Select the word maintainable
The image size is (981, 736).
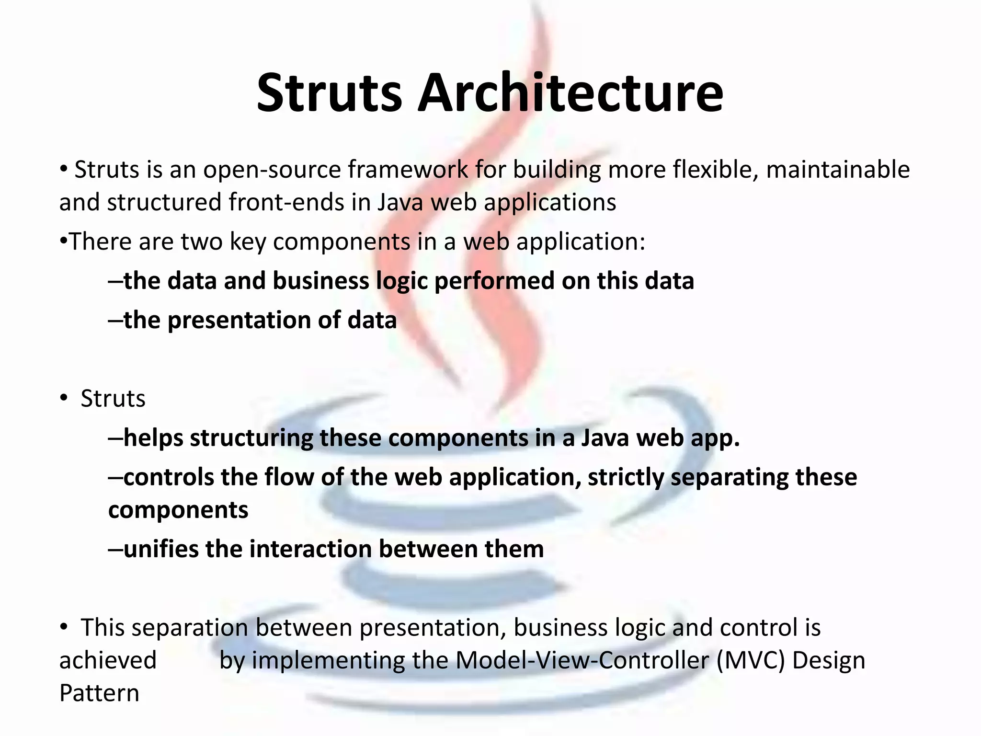coord(837,170)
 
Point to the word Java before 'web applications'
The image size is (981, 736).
coord(400,202)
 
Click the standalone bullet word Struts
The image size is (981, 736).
coord(113,399)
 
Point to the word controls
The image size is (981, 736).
coord(168,477)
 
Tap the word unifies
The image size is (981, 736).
coord(161,549)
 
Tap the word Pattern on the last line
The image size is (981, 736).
coord(99,693)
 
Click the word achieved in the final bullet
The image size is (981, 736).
coord(108,660)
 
